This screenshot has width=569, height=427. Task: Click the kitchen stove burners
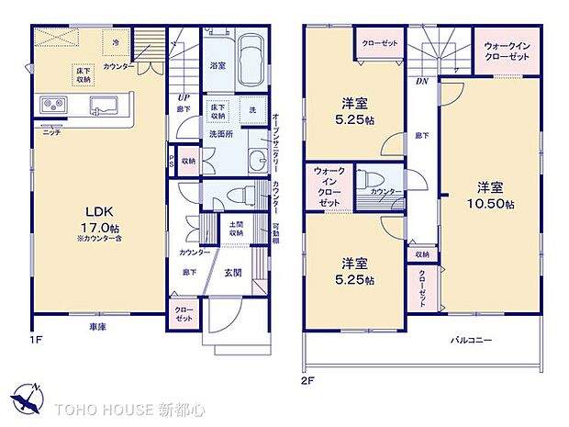[51, 106]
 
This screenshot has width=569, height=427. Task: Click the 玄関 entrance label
[233, 272]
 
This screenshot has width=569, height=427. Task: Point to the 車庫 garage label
[97, 327]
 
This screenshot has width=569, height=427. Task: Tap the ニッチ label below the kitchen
[52, 131]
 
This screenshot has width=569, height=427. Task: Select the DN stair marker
[421, 80]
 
